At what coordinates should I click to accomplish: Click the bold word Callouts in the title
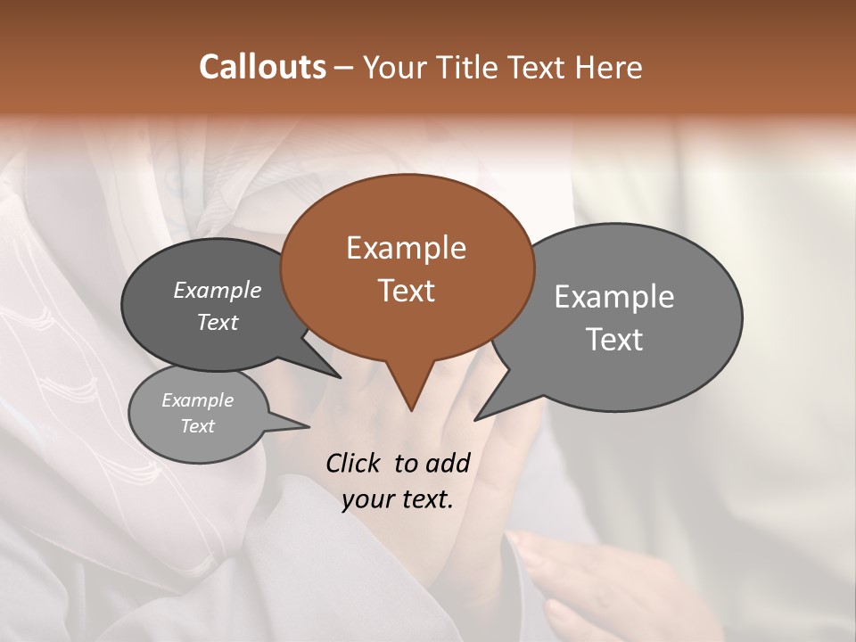(x=262, y=67)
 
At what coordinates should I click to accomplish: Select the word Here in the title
(x=609, y=68)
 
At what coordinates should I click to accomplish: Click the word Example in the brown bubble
(x=406, y=248)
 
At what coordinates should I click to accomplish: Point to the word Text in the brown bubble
(x=406, y=291)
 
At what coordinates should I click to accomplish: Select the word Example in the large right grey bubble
(x=614, y=297)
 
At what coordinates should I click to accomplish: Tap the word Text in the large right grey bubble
(x=614, y=340)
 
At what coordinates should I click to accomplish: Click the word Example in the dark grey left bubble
(x=217, y=291)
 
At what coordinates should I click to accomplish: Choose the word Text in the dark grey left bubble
(x=217, y=323)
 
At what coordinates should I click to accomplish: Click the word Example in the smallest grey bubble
(x=197, y=401)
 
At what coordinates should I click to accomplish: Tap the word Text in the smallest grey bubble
(x=197, y=426)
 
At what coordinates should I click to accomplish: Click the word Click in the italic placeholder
(x=353, y=463)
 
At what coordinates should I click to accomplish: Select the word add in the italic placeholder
(x=448, y=463)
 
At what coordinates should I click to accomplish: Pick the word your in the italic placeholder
(x=366, y=499)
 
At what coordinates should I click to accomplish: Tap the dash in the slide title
(x=346, y=68)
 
